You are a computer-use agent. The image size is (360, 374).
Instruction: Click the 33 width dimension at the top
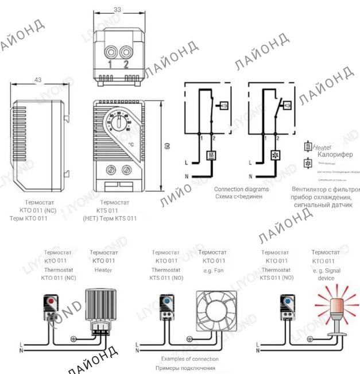[x=117, y=9]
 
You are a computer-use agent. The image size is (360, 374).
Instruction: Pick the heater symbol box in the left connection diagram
[x=211, y=156]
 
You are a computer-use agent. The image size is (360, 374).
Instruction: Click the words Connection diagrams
[x=241, y=188]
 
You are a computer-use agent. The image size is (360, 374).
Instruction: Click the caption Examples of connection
[x=189, y=358]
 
